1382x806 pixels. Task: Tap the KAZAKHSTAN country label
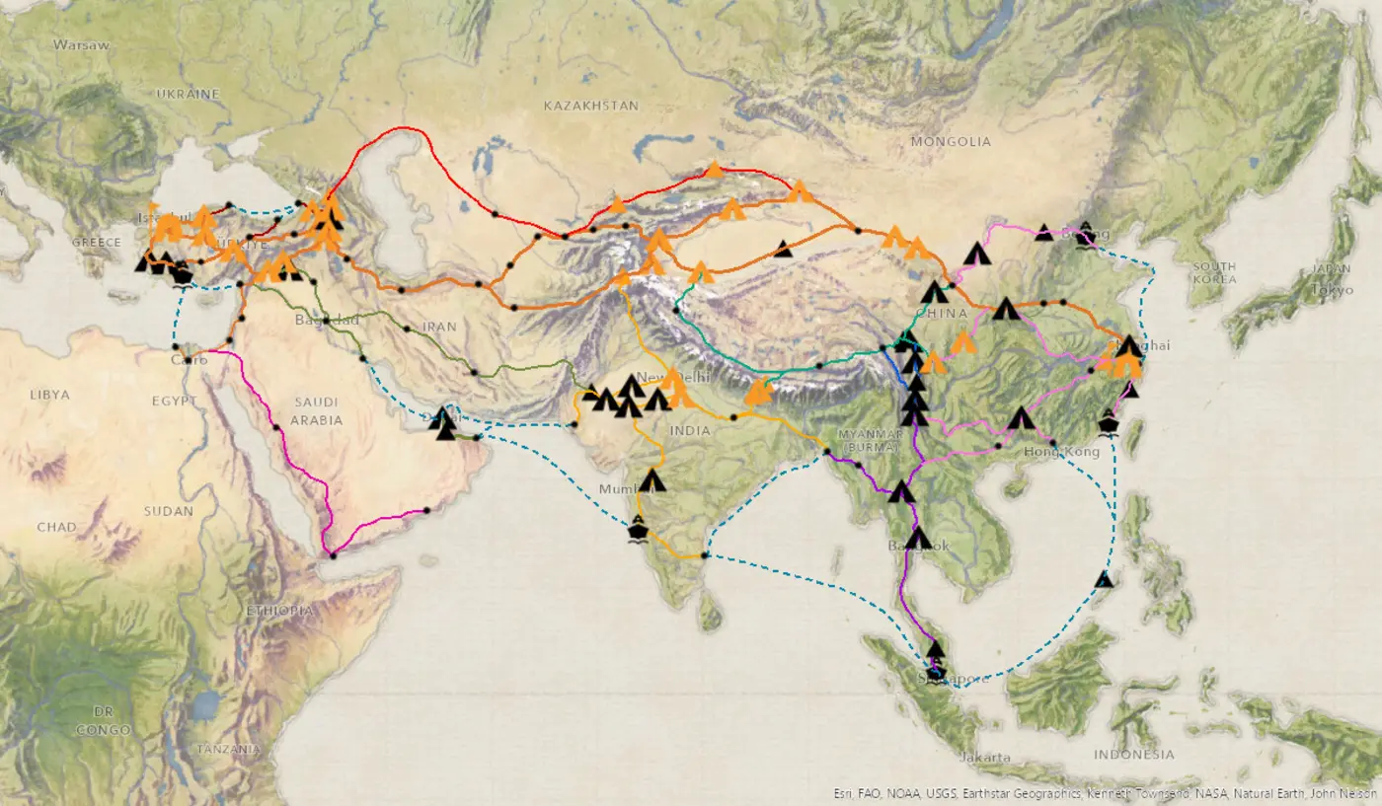coord(591,106)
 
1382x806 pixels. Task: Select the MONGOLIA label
coord(951,142)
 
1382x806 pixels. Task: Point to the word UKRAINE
coord(188,94)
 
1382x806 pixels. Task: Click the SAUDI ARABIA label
coord(317,410)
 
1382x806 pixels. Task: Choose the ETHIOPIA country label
coord(279,611)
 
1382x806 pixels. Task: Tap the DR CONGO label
coord(104,720)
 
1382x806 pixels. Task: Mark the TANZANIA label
coord(228,750)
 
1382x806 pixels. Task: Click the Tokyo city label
coord(1333,290)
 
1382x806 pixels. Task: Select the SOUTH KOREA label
coord(1214,273)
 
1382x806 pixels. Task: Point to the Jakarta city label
coord(984,758)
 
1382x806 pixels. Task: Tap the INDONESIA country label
coord(1134,755)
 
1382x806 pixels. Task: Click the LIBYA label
coord(49,395)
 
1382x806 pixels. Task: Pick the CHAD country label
coord(56,527)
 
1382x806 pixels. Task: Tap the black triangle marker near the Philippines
coord(1105,579)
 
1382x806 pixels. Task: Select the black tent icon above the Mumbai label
coord(652,481)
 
